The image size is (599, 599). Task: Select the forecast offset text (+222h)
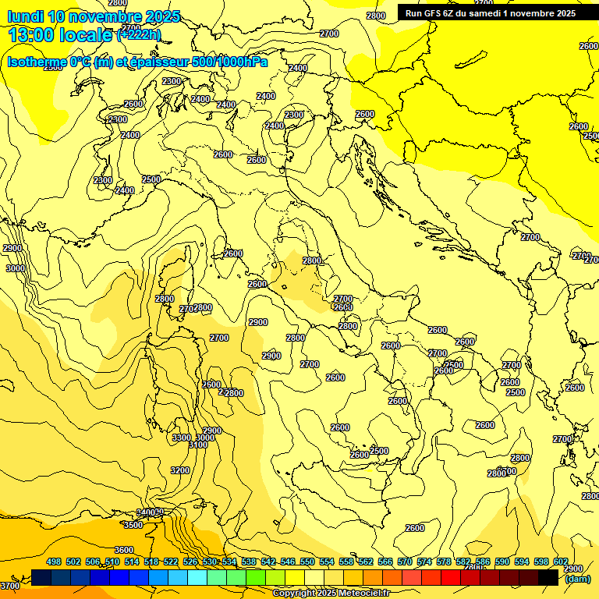[139, 34]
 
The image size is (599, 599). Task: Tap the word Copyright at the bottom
[295, 594]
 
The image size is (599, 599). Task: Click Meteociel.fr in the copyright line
[370, 594]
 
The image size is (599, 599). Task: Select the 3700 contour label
[10, 585]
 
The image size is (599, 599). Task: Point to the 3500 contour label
[133, 525]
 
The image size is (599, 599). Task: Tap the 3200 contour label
[180, 470]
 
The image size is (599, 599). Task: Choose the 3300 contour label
[182, 438]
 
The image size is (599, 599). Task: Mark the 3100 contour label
[198, 445]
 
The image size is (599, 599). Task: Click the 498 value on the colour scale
[54, 562]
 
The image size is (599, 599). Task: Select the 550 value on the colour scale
[307, 562]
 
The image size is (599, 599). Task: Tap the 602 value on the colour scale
[560, 562]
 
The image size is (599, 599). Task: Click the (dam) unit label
[576, 579]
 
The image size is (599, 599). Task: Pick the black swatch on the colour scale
[548, 577]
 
